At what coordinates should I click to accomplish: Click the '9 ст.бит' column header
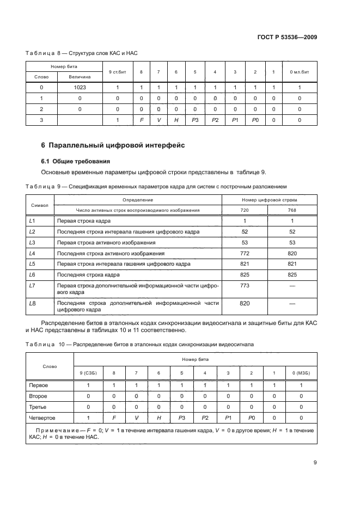tap(117, 72)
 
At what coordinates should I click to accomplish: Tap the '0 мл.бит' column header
tap(299, 72)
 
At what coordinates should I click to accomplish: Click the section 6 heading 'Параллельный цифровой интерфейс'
tap(113, 145)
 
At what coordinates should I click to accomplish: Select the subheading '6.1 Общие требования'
tap(76, 161)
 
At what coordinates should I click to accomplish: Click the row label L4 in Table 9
tap(32, 253)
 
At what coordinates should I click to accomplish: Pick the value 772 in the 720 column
tap(245, 253)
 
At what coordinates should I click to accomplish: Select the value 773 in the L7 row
tap(245, 285)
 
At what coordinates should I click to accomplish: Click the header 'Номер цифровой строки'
tap(269, 200)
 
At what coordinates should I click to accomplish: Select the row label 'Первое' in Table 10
tap(39, 385)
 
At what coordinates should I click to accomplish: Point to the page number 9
tap(315, 463)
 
